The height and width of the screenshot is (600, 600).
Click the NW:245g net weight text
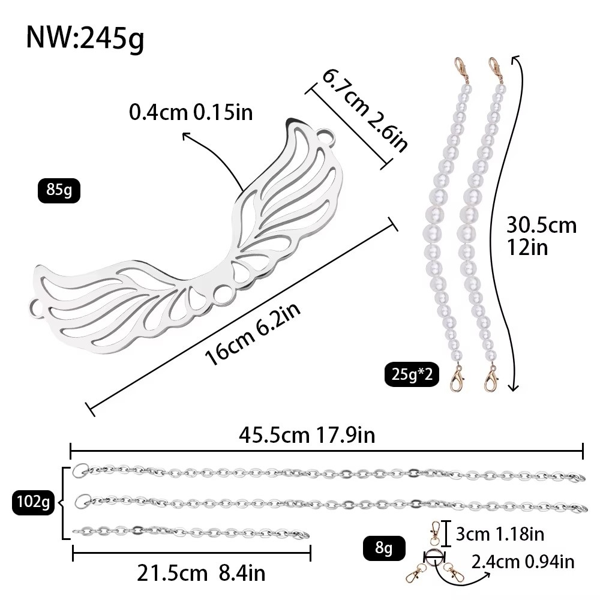click(85, 38)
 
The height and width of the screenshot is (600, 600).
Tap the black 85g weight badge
click(59, 190)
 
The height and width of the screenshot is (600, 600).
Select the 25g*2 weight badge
click(412, 374)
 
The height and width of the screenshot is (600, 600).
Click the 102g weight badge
click(33, 502)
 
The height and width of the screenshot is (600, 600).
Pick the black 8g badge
click(384, 548)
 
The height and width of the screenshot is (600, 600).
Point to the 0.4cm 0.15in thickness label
click(191, 113)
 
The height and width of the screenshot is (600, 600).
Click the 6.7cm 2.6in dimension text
click(364, 110)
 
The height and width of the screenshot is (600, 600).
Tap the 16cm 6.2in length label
click(253, 334)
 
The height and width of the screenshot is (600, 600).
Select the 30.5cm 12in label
click(541, 236)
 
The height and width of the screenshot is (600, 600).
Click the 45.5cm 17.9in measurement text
click(307, 435)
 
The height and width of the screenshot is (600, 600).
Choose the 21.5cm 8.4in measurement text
click(201, 573)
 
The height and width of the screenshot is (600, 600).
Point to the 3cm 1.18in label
click(500, 534)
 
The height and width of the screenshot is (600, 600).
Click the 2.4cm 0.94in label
click(523, 562)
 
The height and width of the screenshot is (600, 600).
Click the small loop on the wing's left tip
click(37, 307)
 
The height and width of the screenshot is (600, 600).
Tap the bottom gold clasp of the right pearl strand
click(491, 379)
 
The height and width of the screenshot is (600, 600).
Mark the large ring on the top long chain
click(81, 470)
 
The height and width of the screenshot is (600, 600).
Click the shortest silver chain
click(191, 532)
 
